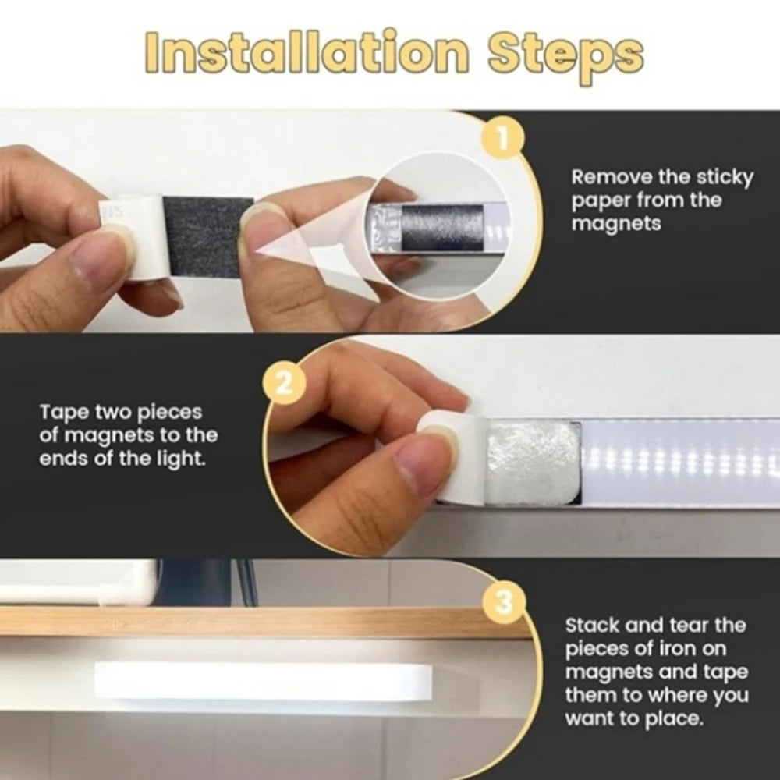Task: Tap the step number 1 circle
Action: [503, 139]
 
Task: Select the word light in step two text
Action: [180, 458]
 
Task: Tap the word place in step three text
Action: [675, 718]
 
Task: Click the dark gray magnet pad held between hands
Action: [207, 236]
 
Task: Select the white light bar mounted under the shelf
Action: [264, 679]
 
